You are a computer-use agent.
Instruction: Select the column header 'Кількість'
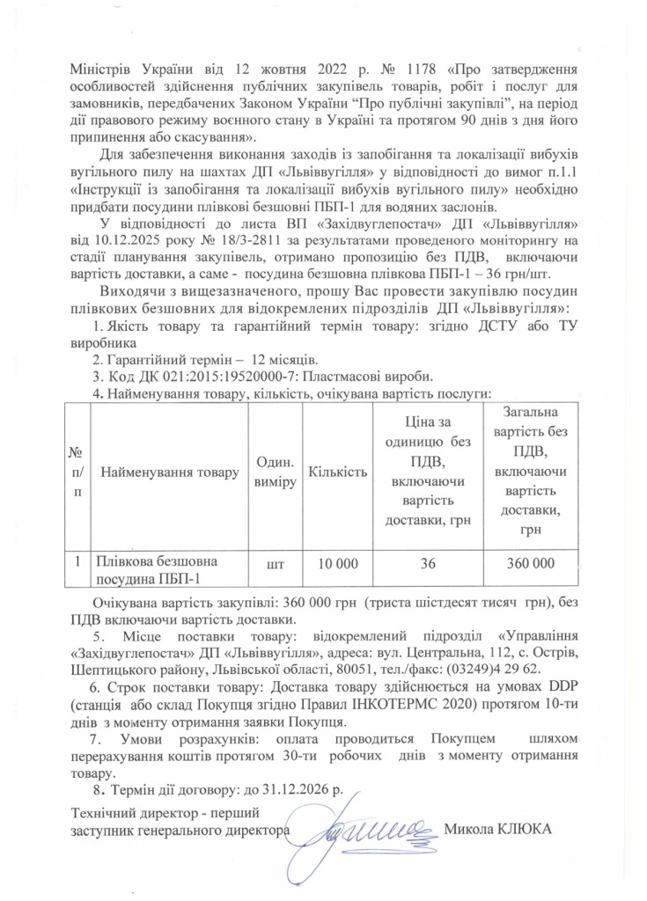(337, 472)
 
